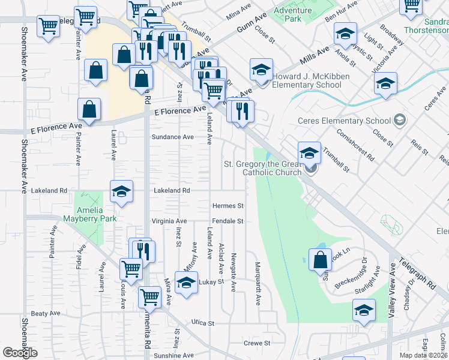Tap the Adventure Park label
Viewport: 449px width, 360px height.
pyautogui.click(x=292, y=14)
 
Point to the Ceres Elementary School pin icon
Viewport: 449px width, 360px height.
pyautogui.click(x=399, y=120)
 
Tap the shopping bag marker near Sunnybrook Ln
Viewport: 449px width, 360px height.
pyautogui.click(x=321, y=259)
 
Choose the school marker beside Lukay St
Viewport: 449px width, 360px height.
pyautogui.click(x=187, y=283)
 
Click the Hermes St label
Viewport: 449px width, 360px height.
pyautogui.click(x=228, y=206)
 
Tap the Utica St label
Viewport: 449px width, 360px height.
pyautogui.click(x=202, y=323)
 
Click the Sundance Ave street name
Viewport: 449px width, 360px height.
pyautogui.click(x=172, y=137)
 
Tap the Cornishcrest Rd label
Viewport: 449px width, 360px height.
pyautogui.click(x=355, y=146)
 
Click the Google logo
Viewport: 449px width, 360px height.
pyautogui.click(x=20, y=353)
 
